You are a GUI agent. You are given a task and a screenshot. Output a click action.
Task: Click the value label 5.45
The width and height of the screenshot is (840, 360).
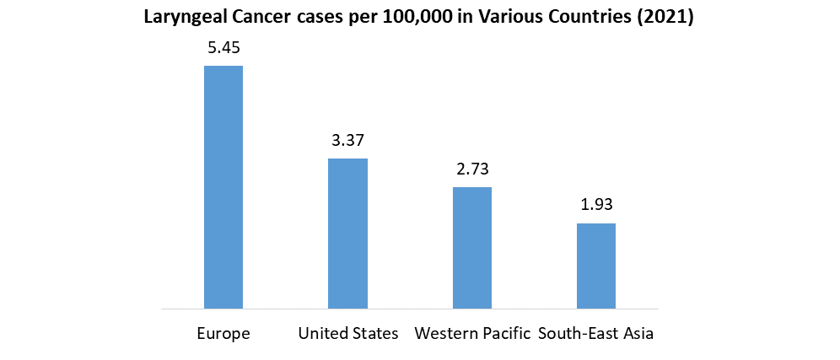coord(223,48)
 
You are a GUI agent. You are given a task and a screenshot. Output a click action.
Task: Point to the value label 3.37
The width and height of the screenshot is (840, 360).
coord(347,140)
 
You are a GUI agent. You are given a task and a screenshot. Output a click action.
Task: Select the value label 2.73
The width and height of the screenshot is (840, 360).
coord(472,169)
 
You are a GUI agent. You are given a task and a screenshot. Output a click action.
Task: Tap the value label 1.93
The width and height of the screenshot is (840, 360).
coord(596,205)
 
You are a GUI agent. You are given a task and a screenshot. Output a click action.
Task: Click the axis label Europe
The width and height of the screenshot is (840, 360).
coord(223,334)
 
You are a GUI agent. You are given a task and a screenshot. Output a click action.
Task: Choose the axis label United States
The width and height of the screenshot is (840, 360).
coord(347,334)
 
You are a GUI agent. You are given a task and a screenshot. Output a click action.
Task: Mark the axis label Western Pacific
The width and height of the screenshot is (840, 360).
coord(472,334)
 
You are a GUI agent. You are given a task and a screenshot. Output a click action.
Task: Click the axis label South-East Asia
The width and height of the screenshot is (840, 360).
coord(596,334)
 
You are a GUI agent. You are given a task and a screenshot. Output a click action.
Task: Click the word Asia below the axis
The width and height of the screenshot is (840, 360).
coord(638,334)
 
